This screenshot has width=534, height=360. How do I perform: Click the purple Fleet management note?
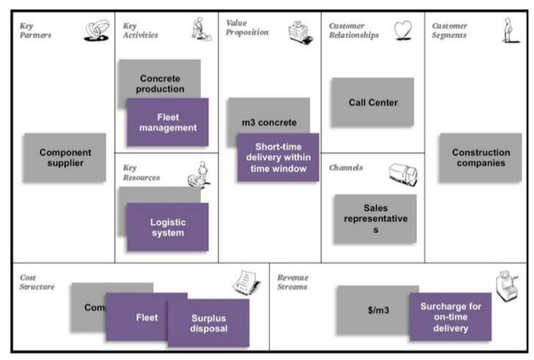168,122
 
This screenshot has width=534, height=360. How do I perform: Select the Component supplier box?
65,157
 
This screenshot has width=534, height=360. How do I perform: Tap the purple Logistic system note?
168,227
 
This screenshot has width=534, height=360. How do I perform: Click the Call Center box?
372,102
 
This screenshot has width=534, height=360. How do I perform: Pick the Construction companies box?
480,157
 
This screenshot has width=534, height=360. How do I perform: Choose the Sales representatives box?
375,218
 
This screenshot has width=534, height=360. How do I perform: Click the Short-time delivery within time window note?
278,157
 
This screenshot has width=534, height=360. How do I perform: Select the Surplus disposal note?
208,323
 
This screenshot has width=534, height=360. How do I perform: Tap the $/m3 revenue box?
377,310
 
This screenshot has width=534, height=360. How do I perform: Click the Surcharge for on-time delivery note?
450,317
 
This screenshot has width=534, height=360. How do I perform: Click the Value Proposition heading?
247,28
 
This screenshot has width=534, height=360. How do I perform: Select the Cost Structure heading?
37,282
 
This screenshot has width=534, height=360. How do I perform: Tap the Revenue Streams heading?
292,282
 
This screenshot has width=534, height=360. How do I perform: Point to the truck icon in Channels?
403,175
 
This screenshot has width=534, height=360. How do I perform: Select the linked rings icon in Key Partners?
96,31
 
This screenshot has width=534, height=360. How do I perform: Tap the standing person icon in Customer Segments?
507,30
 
